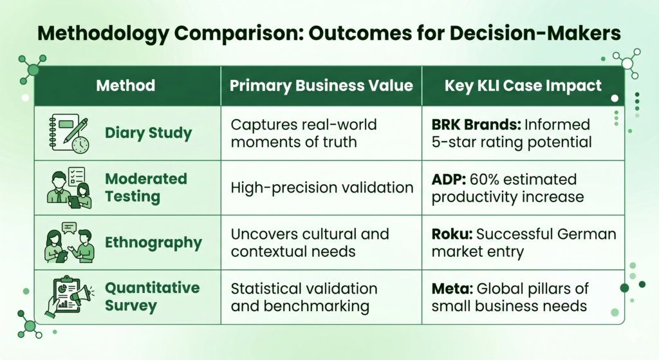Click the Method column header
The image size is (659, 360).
[x=125, y=86]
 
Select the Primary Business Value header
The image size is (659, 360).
[x=321, y=86]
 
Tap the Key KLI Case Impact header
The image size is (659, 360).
[x=523, y=86]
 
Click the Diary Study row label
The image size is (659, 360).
[x=149, y=133]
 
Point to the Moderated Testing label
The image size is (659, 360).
[x=146, y=187]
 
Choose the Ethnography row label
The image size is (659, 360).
[x=153, y=243]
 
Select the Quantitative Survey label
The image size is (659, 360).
[x=152, y=296]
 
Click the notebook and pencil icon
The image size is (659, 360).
[x=70, y=134]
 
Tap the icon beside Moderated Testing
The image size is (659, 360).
[x=70, y=188]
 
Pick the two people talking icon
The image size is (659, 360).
[x=70, y=242]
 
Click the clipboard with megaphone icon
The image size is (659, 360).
[x=70, y=297]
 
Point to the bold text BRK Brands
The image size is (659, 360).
[x=476, y=124]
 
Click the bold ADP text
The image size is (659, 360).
[x=449, y=180]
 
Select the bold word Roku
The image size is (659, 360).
[x=452, y=234]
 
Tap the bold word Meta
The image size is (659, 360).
[x=452, y=289]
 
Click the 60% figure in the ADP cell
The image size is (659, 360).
[x=484, y=180]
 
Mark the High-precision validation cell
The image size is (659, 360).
[x=322, y=187]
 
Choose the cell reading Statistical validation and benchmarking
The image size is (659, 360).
[x=304, y=298]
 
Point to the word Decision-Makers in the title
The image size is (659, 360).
[x=535, y=33]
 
